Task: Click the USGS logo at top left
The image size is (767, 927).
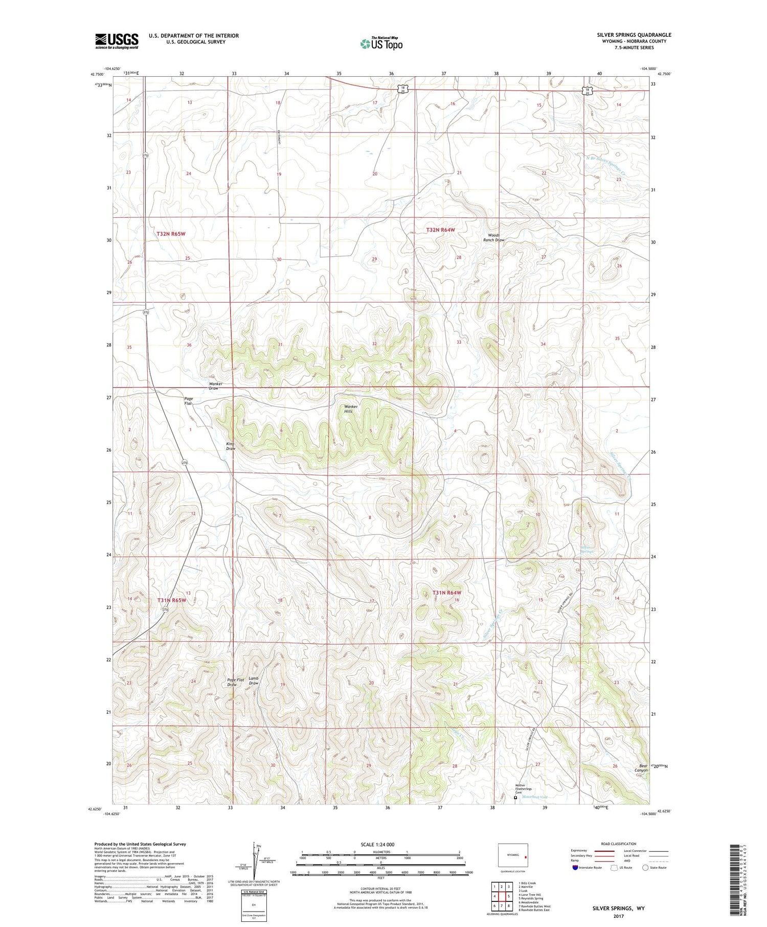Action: coord(117,41)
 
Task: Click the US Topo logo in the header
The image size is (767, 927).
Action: coord(381,43)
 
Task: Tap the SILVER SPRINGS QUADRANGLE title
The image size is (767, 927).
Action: coord(634,35)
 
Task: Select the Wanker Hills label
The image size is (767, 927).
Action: coord(348,409)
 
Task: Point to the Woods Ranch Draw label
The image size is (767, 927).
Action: coord(493,237)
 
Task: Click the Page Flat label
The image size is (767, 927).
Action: coord(188,401)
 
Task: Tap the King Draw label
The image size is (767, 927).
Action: coord(231,445)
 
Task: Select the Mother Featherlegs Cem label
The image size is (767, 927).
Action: coord(520,788)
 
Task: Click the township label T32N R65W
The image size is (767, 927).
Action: coord(171,233)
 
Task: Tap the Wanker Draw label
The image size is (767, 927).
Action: coord(213,386)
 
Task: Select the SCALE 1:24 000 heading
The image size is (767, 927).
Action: coord(380,844)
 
